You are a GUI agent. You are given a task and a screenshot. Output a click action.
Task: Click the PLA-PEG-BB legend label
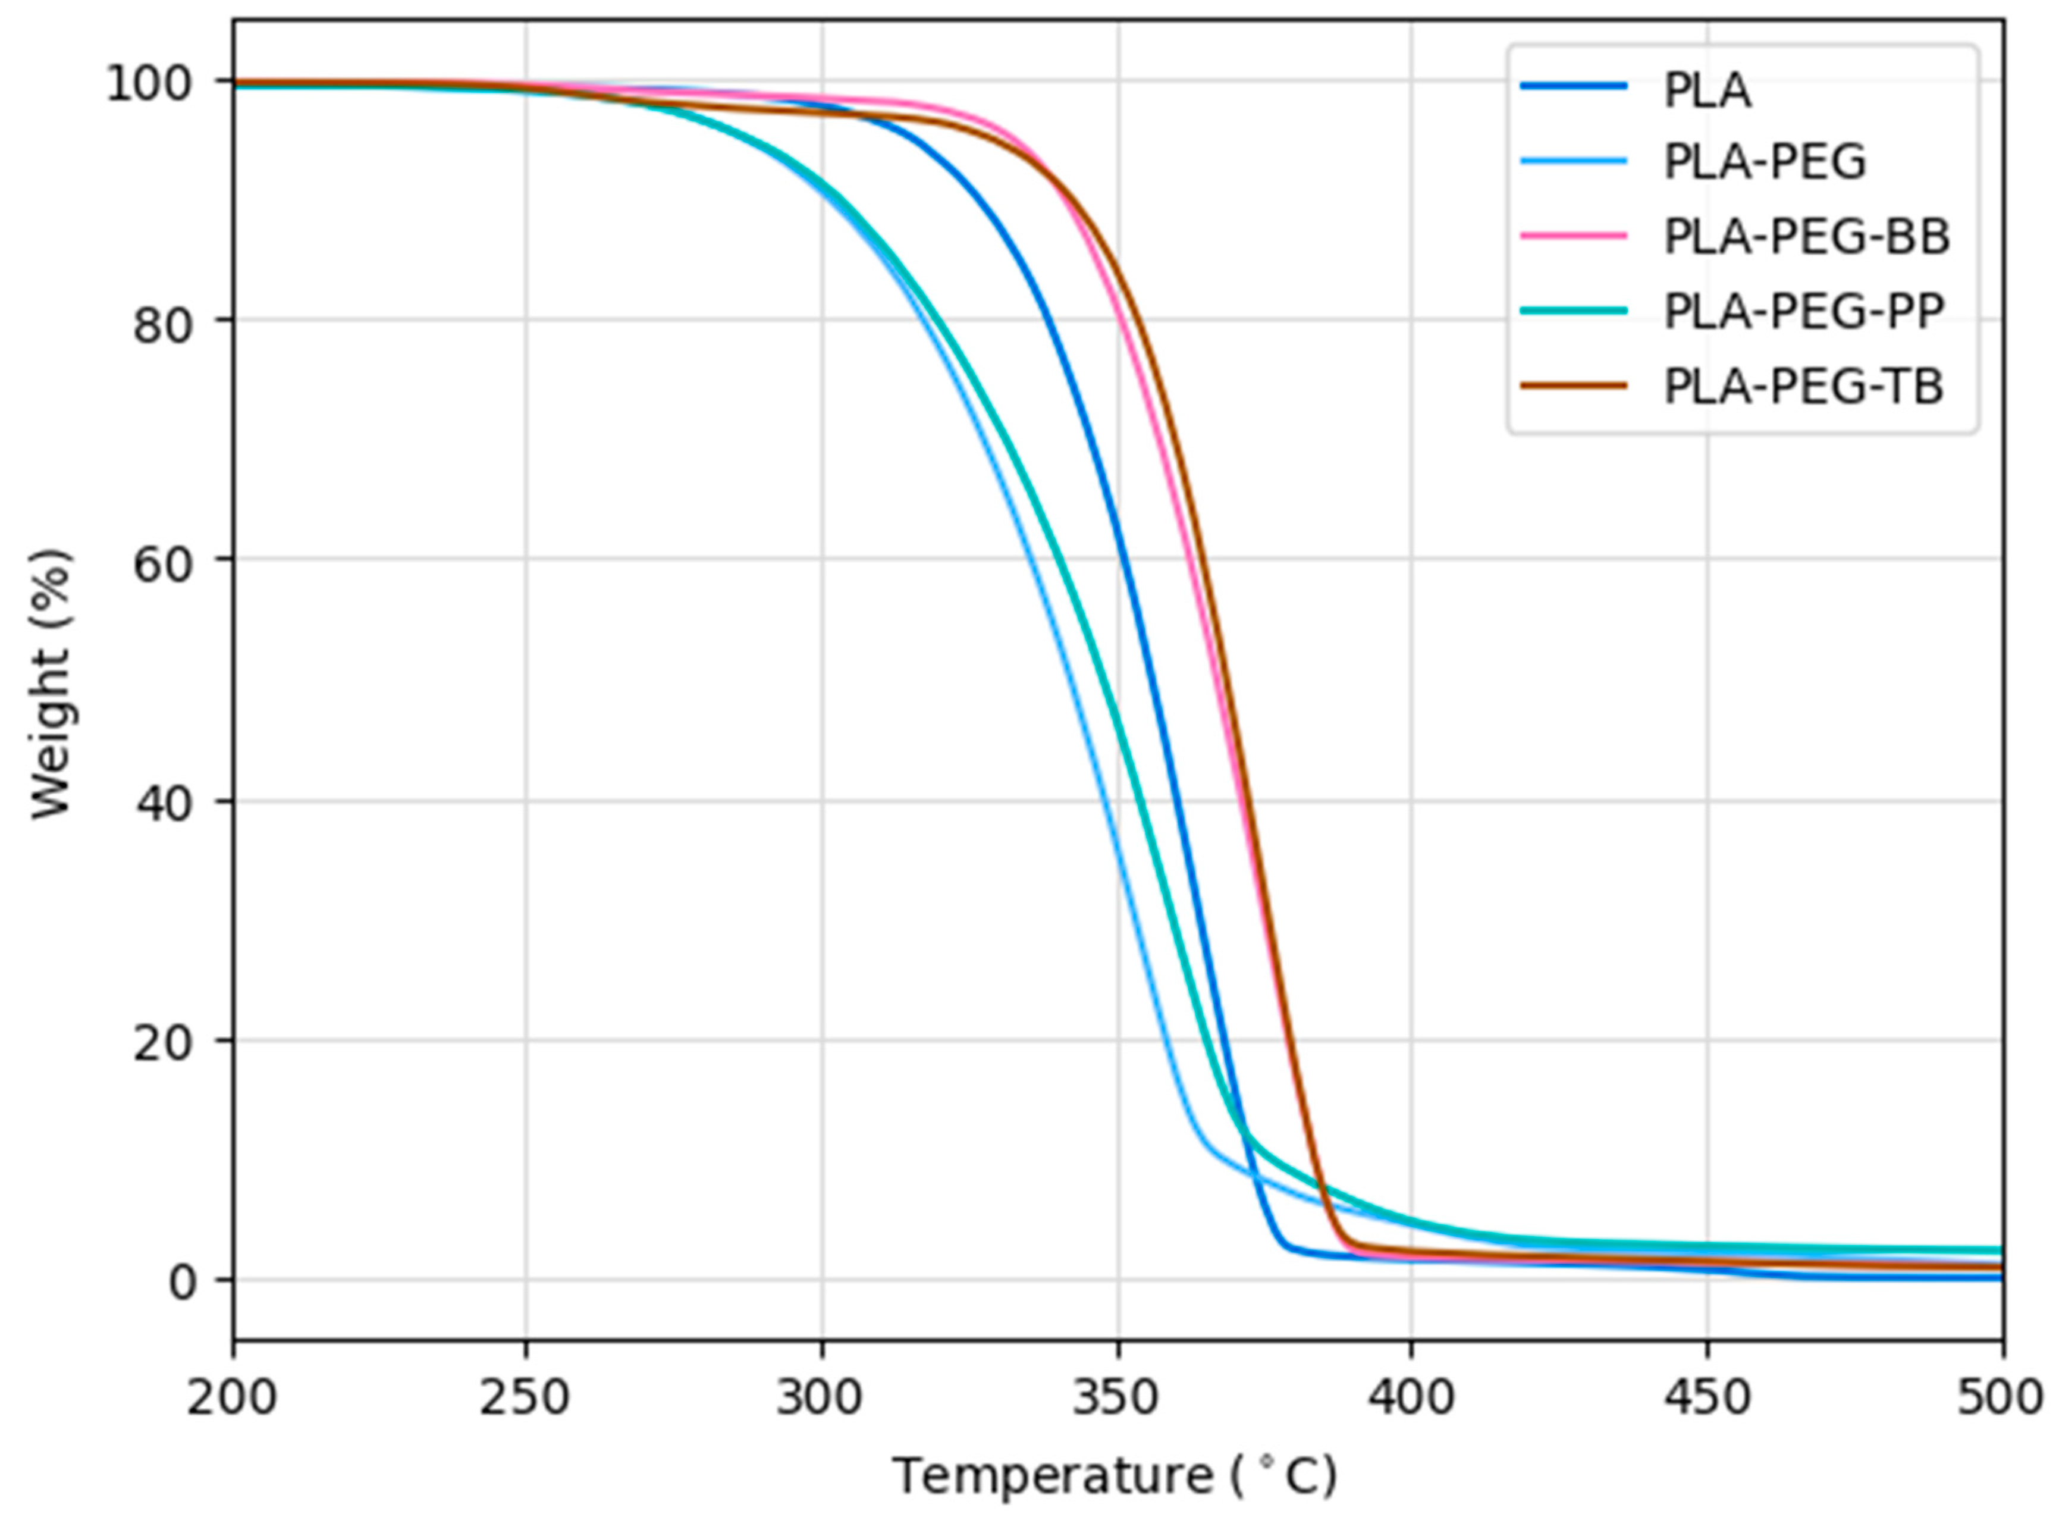click(1806, 236)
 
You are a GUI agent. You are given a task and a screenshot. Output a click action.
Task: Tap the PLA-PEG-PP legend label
click(1803, 311)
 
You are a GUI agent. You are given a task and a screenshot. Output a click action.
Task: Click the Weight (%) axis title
click(51, 684)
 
